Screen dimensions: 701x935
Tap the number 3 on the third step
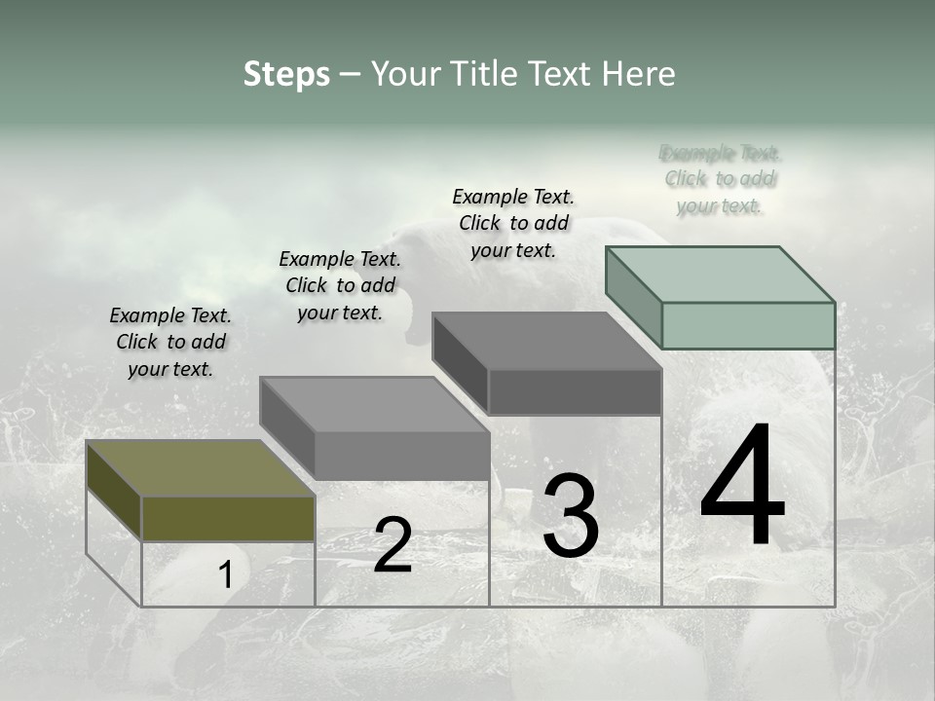tap(571, 516)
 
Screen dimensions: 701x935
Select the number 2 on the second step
tap(393, 545)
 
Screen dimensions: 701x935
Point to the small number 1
tap(226, 575)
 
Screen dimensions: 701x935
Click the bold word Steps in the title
tap(286, 74)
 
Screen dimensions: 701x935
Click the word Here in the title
tap(640, 74)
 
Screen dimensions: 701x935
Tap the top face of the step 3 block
tap(546, 341)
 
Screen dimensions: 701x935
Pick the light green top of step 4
tap(720, 274)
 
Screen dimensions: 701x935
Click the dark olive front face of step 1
tap(228, 518)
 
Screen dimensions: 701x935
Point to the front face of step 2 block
tap(401, 456)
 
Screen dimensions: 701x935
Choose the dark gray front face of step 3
tap(575, 391)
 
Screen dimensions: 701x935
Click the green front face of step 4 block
tap(748, 325)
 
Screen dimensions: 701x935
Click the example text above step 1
tap(170, 342)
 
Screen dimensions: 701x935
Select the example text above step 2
tap(340, 285)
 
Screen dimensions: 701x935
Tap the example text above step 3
tap(513, 223)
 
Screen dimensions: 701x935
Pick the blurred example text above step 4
tap(720, 179)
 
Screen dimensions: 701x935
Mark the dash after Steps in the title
tap(350, 75)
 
